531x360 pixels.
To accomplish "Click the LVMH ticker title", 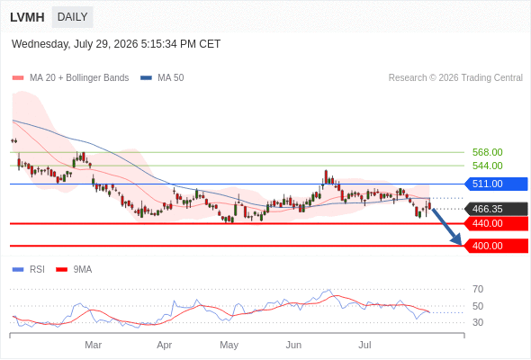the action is [x=27, y=17].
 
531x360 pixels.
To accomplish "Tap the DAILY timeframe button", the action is [x=73, y=17].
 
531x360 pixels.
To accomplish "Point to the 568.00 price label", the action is [x=487, y=152].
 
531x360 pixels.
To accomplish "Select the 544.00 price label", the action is [x=487, y=166].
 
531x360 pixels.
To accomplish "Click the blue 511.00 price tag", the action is [x=496, y=184].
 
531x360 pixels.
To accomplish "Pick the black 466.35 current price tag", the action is [x=496, y=209].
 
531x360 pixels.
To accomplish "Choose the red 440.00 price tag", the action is [x=496, y=223].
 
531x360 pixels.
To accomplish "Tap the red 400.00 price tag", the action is [x=496, y=246].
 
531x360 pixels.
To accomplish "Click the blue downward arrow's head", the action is [x=457, y=239].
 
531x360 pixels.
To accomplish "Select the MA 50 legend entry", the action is [x=162, y=78].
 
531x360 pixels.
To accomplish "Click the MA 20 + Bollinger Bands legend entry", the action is [x=70, y=78].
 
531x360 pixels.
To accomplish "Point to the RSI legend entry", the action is [x=29, y=270].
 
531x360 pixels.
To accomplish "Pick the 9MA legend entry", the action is [x=74, y=270].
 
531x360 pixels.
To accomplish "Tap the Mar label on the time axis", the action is [x=93, y=345].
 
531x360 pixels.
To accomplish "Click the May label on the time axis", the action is [x=229, y=345].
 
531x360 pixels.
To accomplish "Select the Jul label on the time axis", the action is [x=364, y=345].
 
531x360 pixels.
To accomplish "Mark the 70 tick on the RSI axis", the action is [x=478, y=289].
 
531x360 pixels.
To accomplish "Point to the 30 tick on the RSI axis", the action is [x=478, y=322].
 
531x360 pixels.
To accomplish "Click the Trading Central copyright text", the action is [x=455, y=78].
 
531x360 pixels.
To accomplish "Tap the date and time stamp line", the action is [x=116, y=44].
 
